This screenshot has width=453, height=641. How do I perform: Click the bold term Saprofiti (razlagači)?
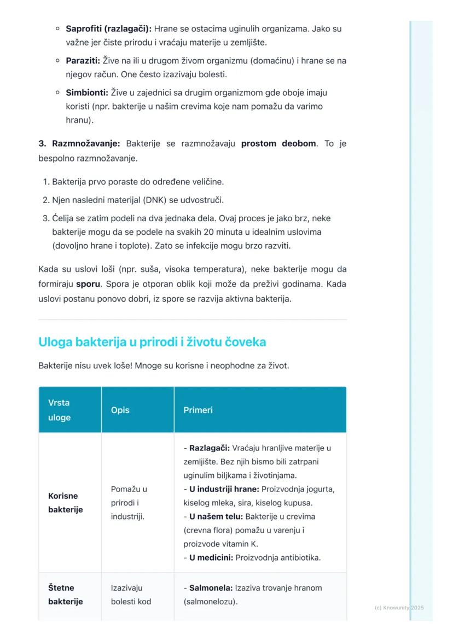(x=109, y=28)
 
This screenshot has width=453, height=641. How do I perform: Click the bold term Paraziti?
(x=83, y=61)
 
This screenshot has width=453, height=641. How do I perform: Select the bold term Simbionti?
(x=87, y=93)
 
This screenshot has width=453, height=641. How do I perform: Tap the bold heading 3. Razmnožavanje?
(x=79, y=143)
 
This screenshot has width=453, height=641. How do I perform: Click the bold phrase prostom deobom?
(x=278, y=143)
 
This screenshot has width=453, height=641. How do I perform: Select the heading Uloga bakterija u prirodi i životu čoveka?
(x=152, y=342)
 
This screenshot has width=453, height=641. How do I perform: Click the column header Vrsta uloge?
(x=60, y=409)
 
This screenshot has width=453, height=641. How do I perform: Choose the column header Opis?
(x=120, y=410)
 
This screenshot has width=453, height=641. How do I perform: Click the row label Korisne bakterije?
(x=63, y=503)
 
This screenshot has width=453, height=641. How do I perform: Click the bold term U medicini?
(x=211, y=558)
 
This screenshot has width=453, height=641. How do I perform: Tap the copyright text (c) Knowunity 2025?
(x=399, y=608)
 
